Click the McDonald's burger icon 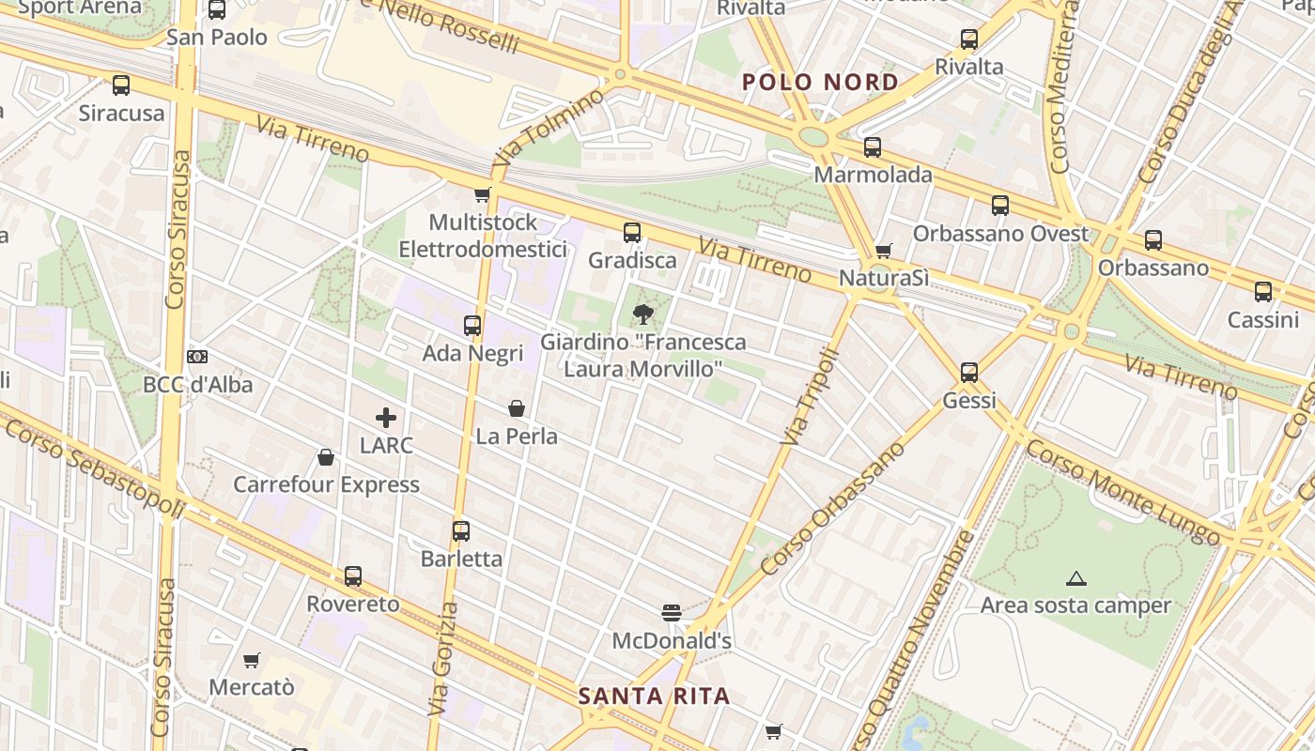[671, 613]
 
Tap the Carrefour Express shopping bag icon [326, 457]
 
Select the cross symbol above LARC [386, 418]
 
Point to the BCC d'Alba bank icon [197, 357]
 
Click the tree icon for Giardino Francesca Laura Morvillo [642, 314]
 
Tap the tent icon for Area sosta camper [1075, 578]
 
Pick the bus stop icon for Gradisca [632, 232]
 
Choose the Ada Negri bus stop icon [472, 326]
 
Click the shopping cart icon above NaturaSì [883, 251]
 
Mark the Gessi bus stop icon [969, 373]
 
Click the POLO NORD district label [820, 82]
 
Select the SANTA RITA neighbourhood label [654, 696]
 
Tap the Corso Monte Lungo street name [1122, 492]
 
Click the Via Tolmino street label [549, 127]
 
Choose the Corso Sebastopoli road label [94, 466]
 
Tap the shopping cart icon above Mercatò [251, 661]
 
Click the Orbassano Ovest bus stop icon [1000, 206]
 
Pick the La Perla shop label [517, 437]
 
